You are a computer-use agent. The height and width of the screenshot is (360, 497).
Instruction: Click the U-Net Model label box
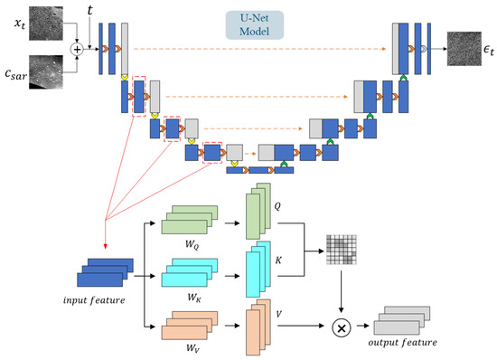pos(255,25)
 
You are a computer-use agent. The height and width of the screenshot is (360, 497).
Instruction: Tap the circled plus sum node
pos(77,49)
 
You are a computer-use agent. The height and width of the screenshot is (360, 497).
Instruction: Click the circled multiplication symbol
pos(341,327)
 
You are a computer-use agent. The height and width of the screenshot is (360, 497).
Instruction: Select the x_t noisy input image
pos(46,24)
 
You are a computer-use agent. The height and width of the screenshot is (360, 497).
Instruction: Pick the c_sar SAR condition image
pos(46,72)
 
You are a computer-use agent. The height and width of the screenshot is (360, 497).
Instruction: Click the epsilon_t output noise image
pos(464,49)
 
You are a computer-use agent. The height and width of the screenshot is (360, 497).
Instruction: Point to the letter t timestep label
pos(90,11)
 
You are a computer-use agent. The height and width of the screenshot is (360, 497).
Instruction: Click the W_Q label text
pos(192,245)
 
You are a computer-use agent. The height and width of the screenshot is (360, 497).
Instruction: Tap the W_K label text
pos(193,298)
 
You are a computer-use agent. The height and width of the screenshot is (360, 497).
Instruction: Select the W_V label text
pos(192,348)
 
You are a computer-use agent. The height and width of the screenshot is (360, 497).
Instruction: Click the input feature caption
pos(94,300)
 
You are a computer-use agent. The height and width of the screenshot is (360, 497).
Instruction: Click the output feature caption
pos(402,343)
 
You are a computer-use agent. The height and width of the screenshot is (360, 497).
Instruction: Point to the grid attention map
pos(342,250)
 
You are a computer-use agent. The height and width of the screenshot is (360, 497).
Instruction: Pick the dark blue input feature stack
pos(105,273)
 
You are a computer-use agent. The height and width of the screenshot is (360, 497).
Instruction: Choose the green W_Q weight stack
pos(190,220)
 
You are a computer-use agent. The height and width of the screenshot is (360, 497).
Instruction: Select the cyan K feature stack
pos(258,270)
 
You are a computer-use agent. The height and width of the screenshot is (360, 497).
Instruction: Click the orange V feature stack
pos(258,327)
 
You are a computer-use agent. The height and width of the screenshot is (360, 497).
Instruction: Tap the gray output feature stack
pos(402,321)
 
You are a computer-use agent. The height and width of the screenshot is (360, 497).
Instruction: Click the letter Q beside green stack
pos(277,206)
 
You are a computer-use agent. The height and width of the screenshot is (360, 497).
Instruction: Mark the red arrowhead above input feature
pos(106,247)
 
